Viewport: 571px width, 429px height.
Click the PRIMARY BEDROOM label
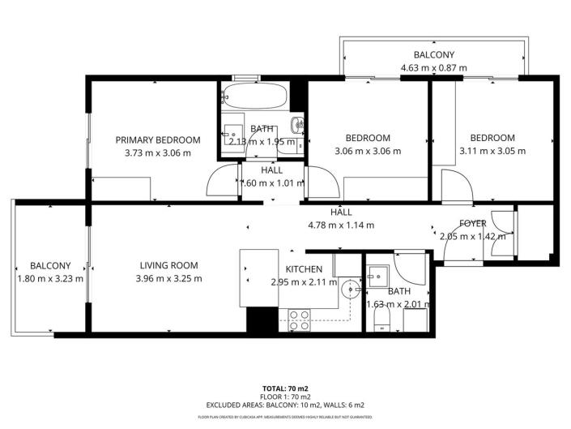click(157, 139)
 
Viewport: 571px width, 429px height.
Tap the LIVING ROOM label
click(168, 265)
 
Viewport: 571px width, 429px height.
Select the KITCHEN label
click(304, 269)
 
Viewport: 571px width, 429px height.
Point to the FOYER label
click(472, 223)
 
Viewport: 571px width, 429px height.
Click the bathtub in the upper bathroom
click(254, 98)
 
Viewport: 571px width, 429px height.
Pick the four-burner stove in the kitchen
click(297, 319)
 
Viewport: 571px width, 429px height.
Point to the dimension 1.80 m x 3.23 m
click(50, 279)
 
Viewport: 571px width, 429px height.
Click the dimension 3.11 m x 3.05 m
click(492, 151)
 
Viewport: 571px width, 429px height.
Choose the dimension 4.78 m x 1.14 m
click(341, 225)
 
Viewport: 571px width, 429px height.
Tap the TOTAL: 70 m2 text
click(285, 388)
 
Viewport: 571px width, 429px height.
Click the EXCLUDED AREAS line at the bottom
click(285, 405)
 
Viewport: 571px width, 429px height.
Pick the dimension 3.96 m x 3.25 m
click(168, 278)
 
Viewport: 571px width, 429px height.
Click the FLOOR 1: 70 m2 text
click(285, 397)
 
